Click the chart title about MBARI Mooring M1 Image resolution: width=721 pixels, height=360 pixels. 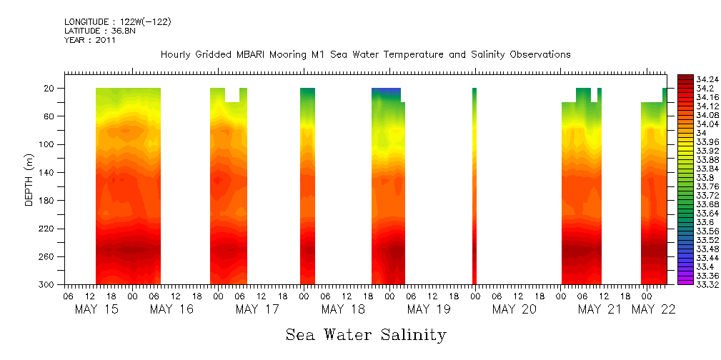point(365,54)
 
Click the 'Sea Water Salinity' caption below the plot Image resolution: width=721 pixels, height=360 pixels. point(366,334)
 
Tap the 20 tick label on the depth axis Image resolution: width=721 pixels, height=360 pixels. point(49,88)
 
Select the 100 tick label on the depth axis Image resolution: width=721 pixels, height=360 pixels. point(47,144)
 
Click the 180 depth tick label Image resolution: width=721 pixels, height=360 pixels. point(47,201)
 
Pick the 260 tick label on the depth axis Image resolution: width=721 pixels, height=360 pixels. point(47,256)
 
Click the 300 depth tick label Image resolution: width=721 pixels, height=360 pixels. point(47,284)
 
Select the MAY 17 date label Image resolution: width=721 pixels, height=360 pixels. point(257,309)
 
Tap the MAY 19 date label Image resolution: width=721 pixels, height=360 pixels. point(429,309)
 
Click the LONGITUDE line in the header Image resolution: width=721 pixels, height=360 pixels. point(117,22)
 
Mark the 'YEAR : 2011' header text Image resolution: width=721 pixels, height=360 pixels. point(90,40)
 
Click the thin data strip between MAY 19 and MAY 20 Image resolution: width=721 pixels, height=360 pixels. point(474,186)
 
